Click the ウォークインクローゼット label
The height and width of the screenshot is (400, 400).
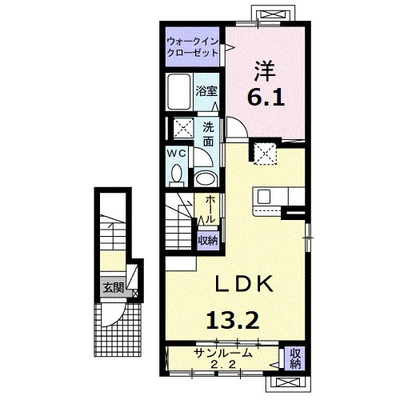coord(192,47)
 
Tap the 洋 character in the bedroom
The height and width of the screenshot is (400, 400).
coord(264,71)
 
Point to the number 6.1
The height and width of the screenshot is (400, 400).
coord(266,98)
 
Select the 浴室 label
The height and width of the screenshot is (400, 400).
coord(206,91)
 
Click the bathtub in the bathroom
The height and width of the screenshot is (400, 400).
coord(179,92)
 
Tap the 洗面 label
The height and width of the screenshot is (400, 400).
coord(208,134)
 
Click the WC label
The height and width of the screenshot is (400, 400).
coord(176,154)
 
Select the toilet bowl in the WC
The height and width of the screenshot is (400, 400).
coord(176,174)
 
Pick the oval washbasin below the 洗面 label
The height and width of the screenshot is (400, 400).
coord(205,178)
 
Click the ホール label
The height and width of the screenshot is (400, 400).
coord(210,210)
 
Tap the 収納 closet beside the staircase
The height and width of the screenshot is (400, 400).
coord(208,241)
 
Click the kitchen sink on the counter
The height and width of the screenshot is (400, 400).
coord(264,197)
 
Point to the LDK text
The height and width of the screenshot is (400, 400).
coord(244,284)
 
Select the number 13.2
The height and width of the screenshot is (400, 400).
coord(233,321)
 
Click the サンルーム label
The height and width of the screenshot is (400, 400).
coord(223,354)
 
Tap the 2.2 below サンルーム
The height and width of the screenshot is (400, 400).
coord(223,364)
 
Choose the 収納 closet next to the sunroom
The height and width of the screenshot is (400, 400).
coord(295,358)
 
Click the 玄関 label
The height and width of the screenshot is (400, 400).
coord(114,288)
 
